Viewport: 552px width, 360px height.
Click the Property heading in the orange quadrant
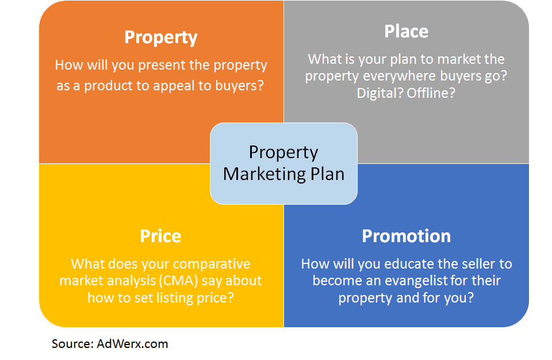click(x=161, y=37)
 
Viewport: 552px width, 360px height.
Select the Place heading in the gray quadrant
click(x=406, y=31)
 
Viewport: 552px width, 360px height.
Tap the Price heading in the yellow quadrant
click(x=160, y=236)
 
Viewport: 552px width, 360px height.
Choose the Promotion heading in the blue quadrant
click(x=406, y=236)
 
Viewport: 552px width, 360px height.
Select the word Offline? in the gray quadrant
click(x=431, y=93)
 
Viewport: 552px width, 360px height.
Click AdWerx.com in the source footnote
click(x=133, y=344)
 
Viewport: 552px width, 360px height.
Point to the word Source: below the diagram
click(x=72, y=344)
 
